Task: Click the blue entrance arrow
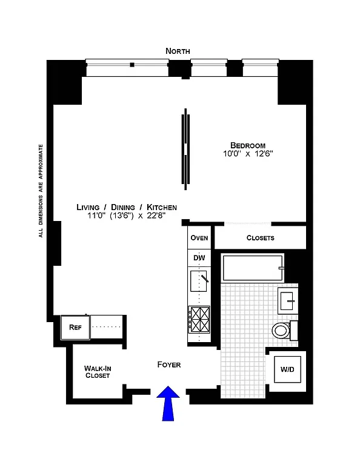(x=169, y=404)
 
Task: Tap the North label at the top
(x=178, y=51)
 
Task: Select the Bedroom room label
(x=248, y=145)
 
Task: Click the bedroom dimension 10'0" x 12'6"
(x=248, y=154)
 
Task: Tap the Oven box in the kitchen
(x=199, y=238)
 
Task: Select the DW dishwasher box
(x=199, y=258)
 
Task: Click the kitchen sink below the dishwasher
(x=199, y=282)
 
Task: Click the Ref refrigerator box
(x=75, y=328)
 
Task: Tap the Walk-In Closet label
(x=97, y=372)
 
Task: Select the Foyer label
(x=169, y=364)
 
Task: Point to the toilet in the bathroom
(x=281, y=330)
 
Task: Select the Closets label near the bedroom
(x=260, y=238)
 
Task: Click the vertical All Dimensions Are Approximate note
(x=41, y=191)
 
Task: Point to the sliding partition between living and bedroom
(x=185, y=148)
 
